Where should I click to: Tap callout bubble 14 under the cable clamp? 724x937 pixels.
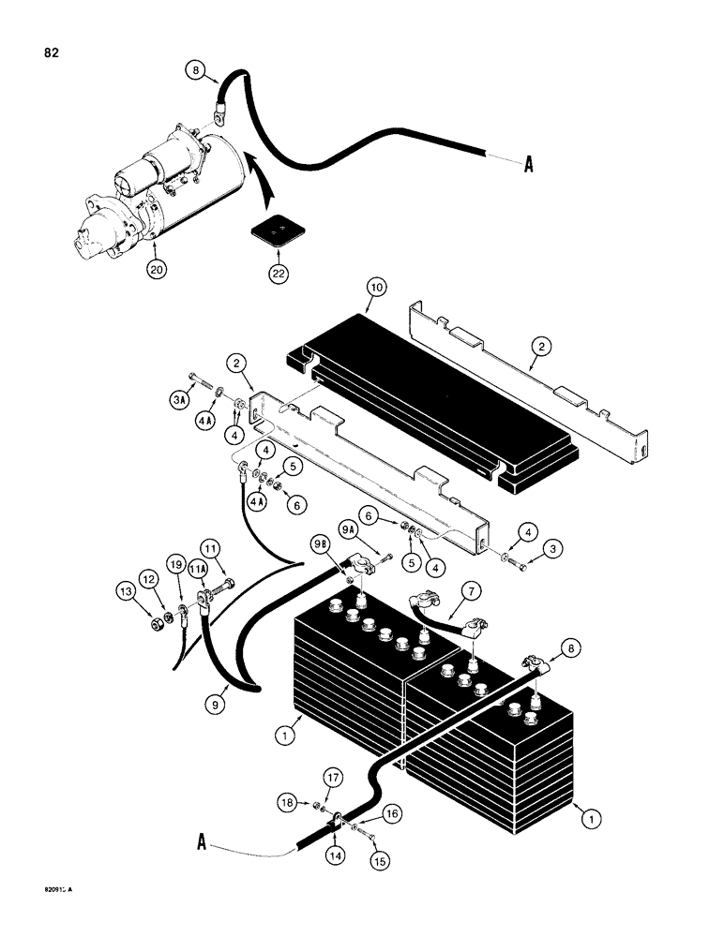(333, 855)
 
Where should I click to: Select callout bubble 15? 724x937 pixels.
(383, 856)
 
